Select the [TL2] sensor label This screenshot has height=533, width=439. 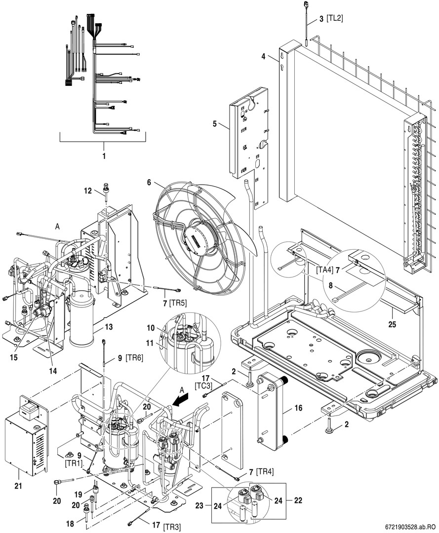[334, 18]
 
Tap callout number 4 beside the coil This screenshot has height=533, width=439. [264, 57]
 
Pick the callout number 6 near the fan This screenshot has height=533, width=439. [150, 182]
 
